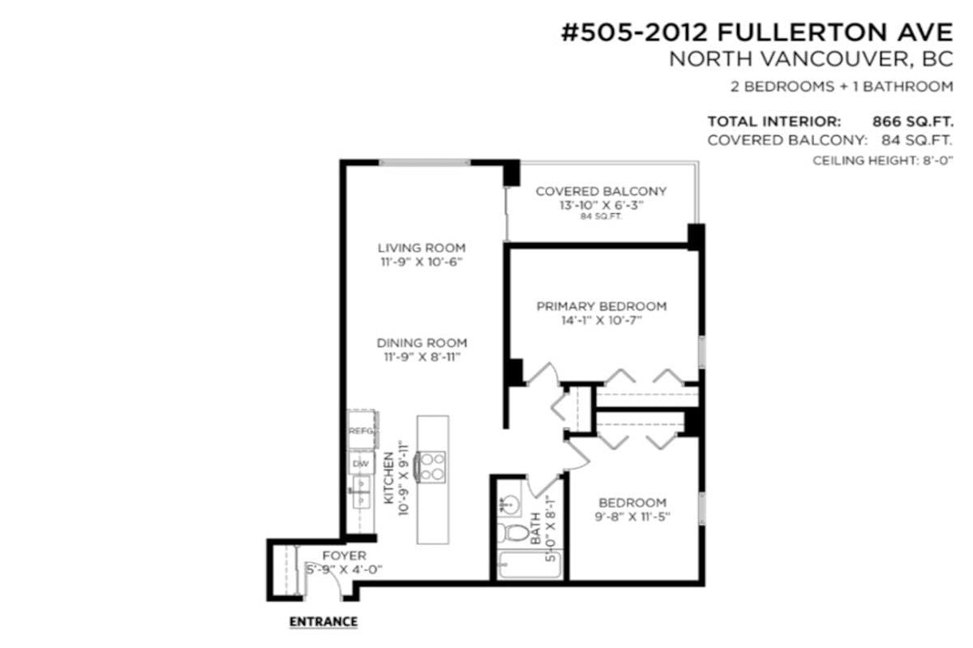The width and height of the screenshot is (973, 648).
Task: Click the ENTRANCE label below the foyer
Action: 324,621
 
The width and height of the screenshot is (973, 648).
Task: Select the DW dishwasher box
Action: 361,463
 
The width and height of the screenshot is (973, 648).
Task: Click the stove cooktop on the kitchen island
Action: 431,467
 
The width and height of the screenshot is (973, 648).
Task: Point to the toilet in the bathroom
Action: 512,532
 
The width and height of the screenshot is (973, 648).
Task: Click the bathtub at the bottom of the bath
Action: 529,565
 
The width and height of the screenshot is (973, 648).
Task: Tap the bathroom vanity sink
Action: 509,504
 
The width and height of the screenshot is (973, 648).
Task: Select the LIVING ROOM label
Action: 422,248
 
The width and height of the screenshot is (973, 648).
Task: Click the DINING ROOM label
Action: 422,343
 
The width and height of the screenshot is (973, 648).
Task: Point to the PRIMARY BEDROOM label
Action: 602,306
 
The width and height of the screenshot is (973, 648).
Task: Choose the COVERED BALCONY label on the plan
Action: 601,191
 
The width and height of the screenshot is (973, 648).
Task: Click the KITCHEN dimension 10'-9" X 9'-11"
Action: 404,478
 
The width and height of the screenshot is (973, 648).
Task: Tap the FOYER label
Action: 345,556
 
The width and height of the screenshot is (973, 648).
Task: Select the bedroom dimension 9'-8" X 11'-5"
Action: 632,517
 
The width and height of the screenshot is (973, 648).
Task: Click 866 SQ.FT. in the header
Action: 913,122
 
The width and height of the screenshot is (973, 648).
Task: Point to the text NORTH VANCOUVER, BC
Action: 812,59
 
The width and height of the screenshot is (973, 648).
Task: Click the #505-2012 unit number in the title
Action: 635,33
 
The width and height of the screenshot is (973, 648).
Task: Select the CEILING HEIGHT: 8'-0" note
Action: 883,160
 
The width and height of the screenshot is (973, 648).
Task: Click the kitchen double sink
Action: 361,492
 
